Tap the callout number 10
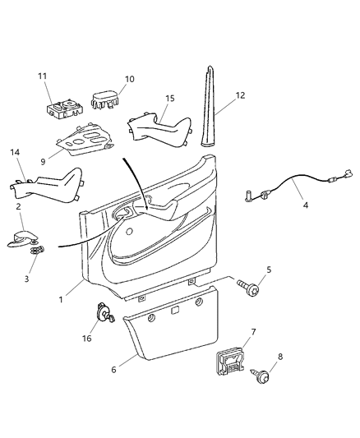[x=129, y=80]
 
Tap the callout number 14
[x=14, y=153]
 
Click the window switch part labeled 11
[x=62, y=109]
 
